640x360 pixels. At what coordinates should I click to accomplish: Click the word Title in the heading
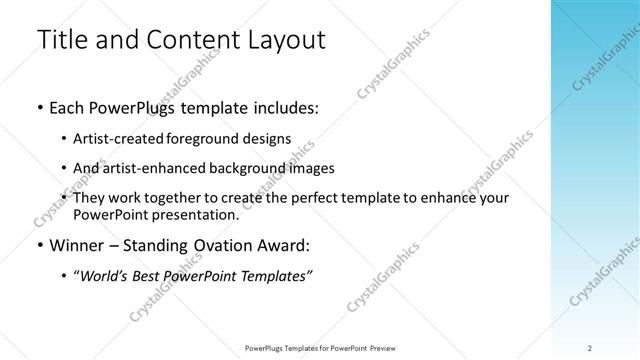(x=63, y=41)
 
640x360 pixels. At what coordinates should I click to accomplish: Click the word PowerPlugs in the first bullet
(x=133, y=108)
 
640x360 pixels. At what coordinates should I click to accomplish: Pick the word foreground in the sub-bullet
(x=219, y=138)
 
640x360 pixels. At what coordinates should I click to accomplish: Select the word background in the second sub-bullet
(x=254, y=168)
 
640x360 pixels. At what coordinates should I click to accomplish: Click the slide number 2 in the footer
(x=590, y=347)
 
